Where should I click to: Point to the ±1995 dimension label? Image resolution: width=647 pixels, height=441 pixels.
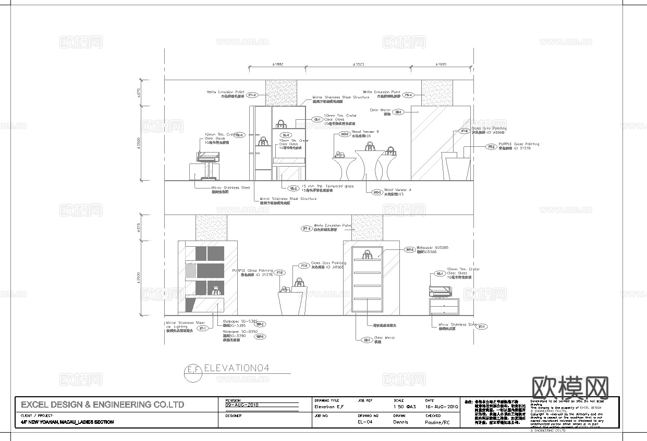click(440, 64)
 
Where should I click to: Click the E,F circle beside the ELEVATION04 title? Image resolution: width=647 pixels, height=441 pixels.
click(193, 371)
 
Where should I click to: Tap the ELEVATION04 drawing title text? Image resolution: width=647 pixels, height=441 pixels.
click(236, 368)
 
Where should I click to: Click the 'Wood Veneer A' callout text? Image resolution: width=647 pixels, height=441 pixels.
click(397, 190)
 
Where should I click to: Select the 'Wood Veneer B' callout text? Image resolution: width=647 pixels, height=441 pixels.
click(365, 132)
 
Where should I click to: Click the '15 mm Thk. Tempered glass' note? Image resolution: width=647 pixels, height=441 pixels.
click(327, 186)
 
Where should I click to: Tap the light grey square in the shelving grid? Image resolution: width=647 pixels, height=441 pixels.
click(191, 271)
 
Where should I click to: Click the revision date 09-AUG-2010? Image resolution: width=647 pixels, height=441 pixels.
click(242, 405)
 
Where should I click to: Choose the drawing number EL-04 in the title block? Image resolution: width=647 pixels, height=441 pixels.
click(365, 422)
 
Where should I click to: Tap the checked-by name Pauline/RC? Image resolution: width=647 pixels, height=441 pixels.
click(437, 422)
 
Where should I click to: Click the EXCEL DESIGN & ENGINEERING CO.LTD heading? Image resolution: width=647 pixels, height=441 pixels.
click(102, 405)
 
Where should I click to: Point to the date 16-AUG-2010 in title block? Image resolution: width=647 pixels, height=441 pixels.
click(442, 406)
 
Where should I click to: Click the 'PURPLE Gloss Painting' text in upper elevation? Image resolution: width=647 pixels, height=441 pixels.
click(519, 144)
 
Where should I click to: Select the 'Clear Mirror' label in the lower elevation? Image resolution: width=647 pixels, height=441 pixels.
click(384, 338)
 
